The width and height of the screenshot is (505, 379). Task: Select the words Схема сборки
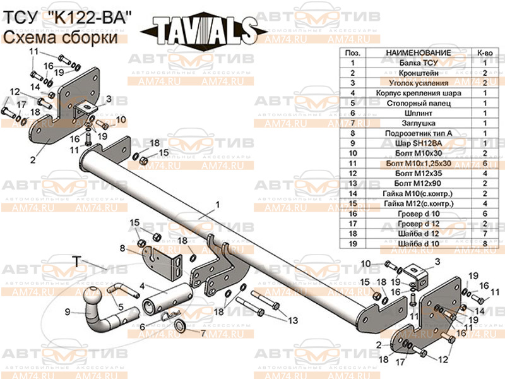(61, 38)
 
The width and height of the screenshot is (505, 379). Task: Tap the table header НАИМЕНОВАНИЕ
(418, 52)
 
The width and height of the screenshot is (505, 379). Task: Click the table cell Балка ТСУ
(418, 63)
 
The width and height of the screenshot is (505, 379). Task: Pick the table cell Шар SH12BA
(418, 143)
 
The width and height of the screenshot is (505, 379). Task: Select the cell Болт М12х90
(418, 184)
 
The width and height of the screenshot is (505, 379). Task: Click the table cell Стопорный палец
(418, 103)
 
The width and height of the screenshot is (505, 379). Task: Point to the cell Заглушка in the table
(418, 123)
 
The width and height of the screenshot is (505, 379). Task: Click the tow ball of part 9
(94, 296)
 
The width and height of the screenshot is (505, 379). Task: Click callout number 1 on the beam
(217, 205)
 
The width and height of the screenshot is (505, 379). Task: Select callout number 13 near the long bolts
(292, 321)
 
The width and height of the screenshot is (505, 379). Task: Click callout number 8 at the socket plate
(124, 248)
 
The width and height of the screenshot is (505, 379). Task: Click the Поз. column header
(353, 52)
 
